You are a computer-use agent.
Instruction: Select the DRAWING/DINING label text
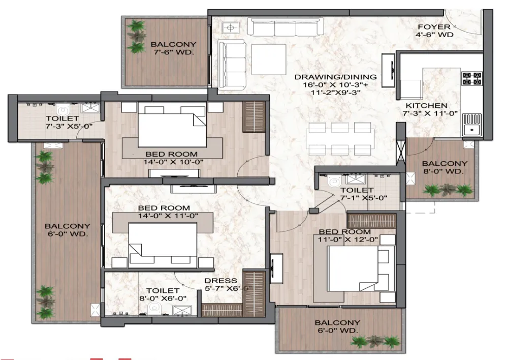point(336,77)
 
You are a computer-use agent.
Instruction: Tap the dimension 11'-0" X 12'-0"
point(348,239)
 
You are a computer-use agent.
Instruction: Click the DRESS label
point(221,281)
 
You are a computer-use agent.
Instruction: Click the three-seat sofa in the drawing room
point(285,27)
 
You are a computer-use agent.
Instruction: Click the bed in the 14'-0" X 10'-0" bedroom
point(172,125)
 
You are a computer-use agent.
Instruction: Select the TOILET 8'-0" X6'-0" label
point(163,295)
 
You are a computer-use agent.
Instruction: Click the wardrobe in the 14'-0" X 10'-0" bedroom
point(255,117)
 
